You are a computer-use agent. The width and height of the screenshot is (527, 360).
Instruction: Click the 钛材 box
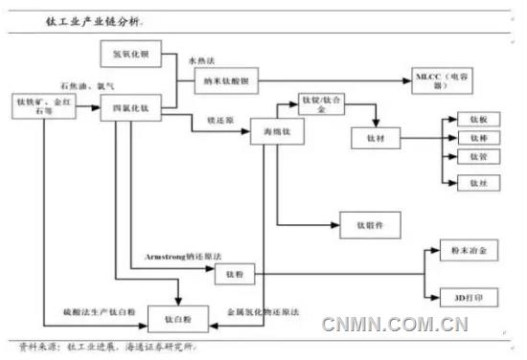[x=374, y=140]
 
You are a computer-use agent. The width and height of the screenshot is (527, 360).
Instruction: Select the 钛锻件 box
[x=369, y=225]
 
